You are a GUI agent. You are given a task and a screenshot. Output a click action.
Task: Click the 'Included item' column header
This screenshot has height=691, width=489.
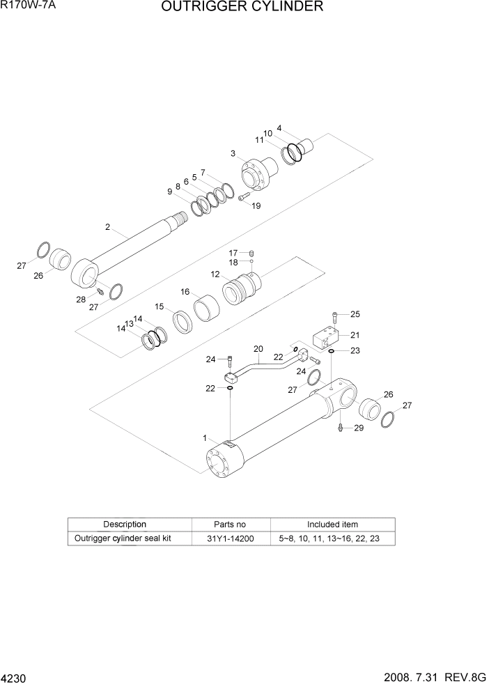point(332,525)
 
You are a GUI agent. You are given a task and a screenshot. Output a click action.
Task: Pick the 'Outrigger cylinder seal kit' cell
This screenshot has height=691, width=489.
point(123,538)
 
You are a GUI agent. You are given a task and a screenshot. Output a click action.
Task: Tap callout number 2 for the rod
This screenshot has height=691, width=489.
point(107,226)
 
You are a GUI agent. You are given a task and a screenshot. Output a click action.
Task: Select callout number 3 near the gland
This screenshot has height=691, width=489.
point(233,153)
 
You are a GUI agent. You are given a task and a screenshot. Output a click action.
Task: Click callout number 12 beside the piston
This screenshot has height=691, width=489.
point(215,276)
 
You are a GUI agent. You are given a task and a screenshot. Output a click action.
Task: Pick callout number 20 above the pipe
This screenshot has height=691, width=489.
point(258,349)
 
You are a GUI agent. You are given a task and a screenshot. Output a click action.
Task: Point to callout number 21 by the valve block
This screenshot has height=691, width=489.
point(355,334)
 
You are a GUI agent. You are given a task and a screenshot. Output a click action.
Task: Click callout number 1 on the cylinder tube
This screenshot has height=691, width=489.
point(205,438)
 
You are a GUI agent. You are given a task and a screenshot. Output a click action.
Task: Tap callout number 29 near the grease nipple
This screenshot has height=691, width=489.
point(359,428)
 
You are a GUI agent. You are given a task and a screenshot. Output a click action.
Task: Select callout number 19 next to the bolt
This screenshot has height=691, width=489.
point(256,205)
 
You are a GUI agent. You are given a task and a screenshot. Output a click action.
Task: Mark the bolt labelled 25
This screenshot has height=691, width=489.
point(335,318)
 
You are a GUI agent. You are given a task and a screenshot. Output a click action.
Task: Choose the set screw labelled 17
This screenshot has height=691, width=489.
point(253,253)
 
